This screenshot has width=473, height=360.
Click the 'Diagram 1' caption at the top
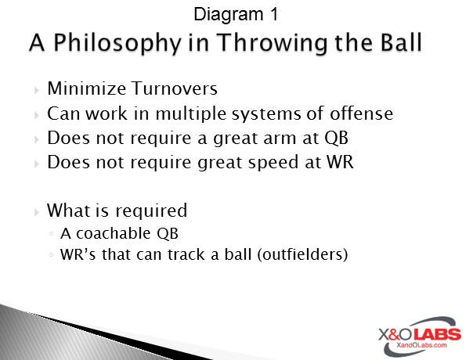click(x=234, y=13)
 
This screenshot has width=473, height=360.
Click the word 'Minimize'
click(x=81, y=88)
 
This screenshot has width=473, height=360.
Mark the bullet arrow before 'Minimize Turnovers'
click(x=37, y=90)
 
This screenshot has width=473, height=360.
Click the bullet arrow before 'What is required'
click(x=37, y=211)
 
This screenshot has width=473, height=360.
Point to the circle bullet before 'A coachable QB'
click(x=51, y=233)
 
